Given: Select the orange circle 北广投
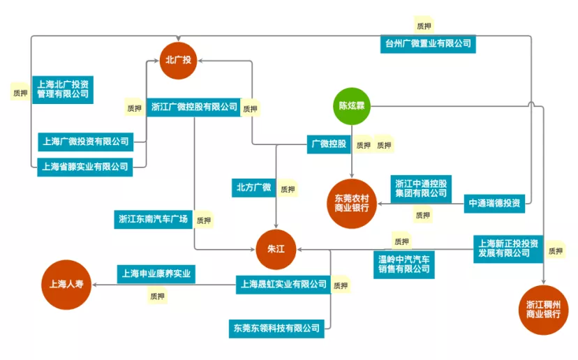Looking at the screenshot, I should pos(178,60).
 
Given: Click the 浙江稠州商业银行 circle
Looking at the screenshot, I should pos(543,309).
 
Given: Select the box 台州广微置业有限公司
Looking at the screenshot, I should pos(428,44).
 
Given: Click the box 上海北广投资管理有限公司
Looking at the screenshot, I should pos(63,89).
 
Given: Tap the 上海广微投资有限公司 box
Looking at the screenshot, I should pos(86,142).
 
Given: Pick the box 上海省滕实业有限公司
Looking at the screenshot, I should pos(85,166).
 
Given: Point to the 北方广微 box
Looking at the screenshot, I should pos(253,187).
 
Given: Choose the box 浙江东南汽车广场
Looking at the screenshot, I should pos(152,219).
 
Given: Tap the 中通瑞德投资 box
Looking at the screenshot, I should pos(495,204).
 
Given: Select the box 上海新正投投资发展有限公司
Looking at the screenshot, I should pos(507,248).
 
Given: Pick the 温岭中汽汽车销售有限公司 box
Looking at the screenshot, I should pos(403,264).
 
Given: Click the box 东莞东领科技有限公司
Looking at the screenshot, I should pos(276,328).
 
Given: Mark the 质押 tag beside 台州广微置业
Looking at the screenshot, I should pos(424,26).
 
